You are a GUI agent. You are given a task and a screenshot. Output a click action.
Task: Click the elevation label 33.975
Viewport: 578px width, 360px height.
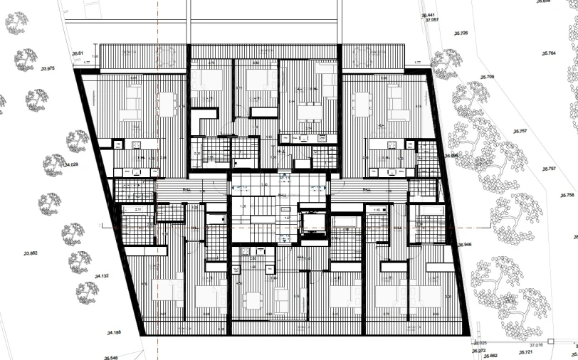[48, 69]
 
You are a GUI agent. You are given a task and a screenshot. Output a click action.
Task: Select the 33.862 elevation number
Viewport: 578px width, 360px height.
[31, 253]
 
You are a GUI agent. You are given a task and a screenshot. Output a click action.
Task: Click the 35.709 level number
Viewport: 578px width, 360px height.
[488, 77]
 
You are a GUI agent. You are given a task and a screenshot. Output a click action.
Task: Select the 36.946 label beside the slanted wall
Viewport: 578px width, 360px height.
[464, 245]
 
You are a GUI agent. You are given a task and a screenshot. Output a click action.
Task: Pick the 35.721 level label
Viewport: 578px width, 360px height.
[526, 352]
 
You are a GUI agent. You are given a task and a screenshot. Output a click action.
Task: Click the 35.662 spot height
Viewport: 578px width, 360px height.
[490, 356]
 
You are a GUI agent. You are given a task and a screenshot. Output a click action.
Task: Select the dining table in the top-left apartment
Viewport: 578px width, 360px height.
[167, 105]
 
